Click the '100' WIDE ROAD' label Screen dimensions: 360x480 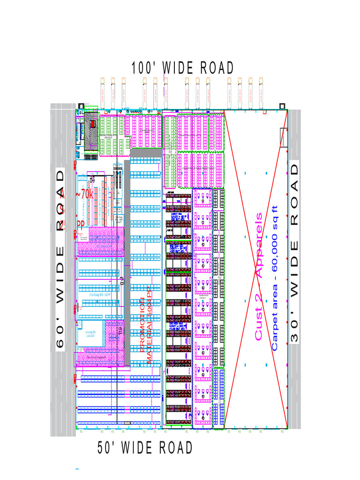(x=182, y=68)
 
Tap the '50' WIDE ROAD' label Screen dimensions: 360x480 (x=145, y=448)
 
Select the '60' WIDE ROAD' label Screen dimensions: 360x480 (x=61, y=259)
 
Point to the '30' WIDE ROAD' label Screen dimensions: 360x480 (x=294, y=253)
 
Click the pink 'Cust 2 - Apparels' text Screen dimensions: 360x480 (x=258, y=277)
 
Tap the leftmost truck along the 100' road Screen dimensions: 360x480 (x=103, y=92)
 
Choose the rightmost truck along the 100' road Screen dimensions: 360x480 (x=261, y=92)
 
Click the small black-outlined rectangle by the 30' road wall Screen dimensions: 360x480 (x=284, y=138)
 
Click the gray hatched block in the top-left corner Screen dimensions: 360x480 (x=90, y=131)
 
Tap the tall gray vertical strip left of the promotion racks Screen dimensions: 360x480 (x=127, y=262)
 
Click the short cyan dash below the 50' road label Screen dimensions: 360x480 (x=76, y=468)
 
